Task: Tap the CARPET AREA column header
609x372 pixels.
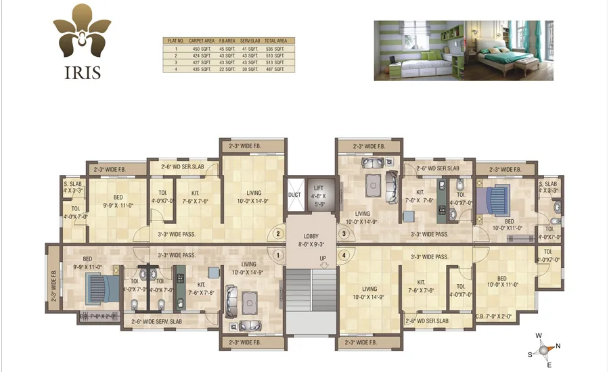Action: click(201, 41)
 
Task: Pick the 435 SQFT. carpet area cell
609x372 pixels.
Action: click(201, 69)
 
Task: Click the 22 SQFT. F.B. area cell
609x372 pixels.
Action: click(227, 69)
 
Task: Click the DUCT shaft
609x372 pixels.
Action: click(294, 194)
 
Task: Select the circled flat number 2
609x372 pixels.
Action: click(277, 234)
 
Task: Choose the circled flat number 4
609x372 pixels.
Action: click(344, 256)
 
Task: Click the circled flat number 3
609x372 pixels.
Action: click(344, 234)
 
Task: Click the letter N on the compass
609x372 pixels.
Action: click(558, 347)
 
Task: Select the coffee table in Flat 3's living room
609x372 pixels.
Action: click(372, 183)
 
